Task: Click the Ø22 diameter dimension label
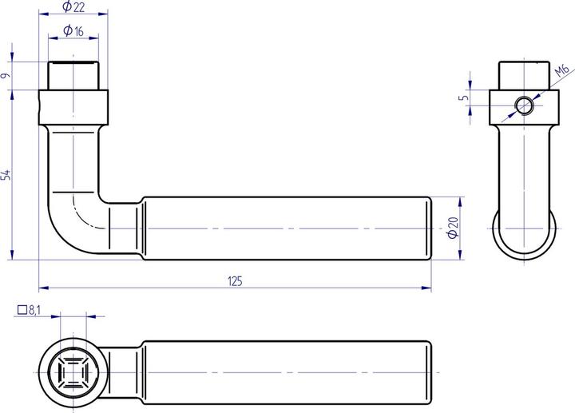pyautogui.click(x=73, y=9)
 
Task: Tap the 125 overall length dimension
pyautogui.click(x=235, y=280)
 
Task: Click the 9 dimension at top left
pyautogui.click(x=6, y=76)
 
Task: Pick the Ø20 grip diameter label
pyautogui.click(x=453, y=228)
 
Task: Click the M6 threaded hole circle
pyautogui.click(x=524, y=105)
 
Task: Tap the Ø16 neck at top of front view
pyautogui.click(x=73, y=77)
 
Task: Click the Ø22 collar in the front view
pyautogui.click(x=73, y=105)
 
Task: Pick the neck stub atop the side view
pyautogui.click(x=524, y=75)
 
